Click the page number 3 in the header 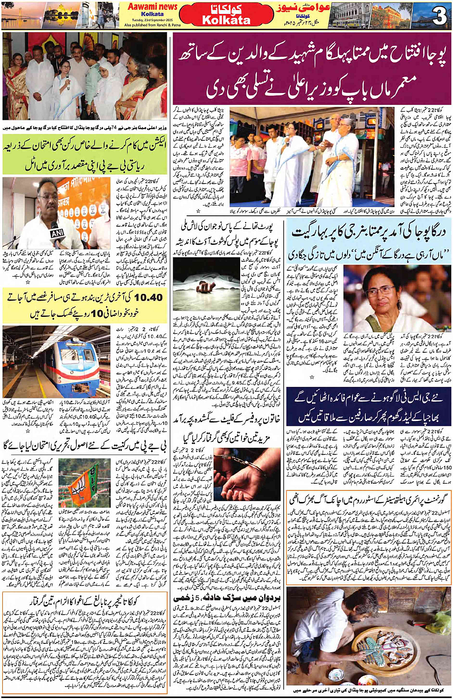[x=439, y=16]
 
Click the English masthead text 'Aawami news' [x=152, y=7]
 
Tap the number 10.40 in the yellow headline [x=148, y=298]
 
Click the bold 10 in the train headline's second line [x=97, y=314]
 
